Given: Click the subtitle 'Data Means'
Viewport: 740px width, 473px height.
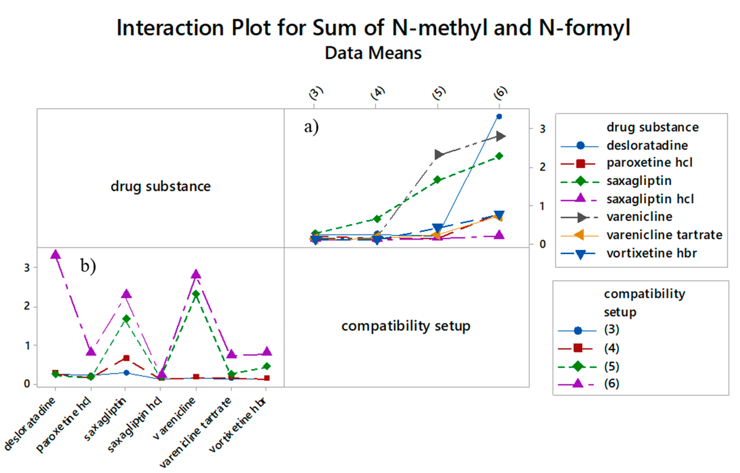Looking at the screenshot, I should pos(373,53).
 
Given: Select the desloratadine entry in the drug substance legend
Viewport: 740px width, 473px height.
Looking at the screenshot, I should pos(647,146).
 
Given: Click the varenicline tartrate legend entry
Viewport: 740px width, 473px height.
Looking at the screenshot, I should pos(664,235).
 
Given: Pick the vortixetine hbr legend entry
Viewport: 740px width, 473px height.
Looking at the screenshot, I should pos(651,253).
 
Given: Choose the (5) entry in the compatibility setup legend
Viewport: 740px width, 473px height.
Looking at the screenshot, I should pos(612,366).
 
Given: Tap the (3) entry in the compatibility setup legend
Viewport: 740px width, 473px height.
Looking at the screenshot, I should pos(612,330).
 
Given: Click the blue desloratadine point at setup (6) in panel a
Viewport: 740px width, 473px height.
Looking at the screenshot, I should pos(499,116).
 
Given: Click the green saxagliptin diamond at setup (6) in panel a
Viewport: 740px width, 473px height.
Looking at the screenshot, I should pos(499,156).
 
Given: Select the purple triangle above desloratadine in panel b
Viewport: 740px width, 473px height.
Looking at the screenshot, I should pos(56,254).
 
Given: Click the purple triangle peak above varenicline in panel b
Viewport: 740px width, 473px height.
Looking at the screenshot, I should pos(196,274).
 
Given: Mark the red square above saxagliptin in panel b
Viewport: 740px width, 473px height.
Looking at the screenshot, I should pos(126,358).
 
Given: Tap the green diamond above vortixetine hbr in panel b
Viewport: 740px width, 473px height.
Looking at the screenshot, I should pos(267,366).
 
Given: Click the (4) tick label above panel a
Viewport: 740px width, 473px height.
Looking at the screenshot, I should pos(378,93).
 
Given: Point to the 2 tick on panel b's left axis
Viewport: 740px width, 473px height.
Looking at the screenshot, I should pos(27,306).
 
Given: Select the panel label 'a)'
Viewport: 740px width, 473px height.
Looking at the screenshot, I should pos(311,126).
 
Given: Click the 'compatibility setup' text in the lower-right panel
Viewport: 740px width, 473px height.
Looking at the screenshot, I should pos(406,326).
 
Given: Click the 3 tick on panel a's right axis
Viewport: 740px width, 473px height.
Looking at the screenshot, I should pos(542,129).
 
